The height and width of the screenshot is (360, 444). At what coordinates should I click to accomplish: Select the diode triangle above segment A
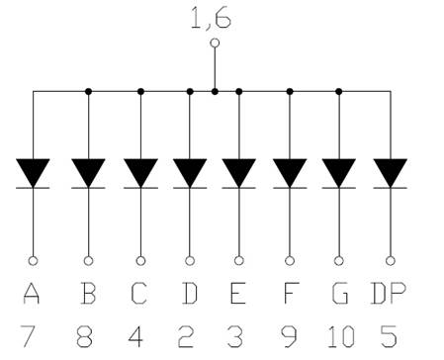coord(34,172)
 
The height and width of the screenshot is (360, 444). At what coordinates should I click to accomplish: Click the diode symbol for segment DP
coord(390,172)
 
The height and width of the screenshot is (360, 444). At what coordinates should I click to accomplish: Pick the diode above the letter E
coord(238,172)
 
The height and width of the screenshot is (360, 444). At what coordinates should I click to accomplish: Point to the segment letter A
coord(33,294)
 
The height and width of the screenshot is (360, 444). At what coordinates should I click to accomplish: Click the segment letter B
coord(87,294)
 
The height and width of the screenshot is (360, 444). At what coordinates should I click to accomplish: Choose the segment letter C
coord(138,294)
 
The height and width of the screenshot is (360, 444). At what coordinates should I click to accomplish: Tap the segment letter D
coord(190,294)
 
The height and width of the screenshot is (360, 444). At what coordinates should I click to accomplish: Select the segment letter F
coord(290,294)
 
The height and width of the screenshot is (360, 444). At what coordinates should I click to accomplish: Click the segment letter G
coord(339,294)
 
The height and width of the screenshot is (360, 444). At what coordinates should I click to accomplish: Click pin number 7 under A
coord(33,335)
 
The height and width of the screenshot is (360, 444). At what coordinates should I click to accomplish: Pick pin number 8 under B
coord(87,335)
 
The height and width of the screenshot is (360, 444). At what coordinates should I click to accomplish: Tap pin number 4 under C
coord(138,335)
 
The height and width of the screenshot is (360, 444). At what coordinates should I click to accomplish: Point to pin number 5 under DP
coord(389,335)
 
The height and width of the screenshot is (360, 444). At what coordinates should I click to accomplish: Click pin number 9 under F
coord(290,335)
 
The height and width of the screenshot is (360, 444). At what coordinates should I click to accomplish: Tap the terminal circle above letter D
coord(190,261)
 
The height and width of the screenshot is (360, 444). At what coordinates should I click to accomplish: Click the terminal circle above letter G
coord(339,261)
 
